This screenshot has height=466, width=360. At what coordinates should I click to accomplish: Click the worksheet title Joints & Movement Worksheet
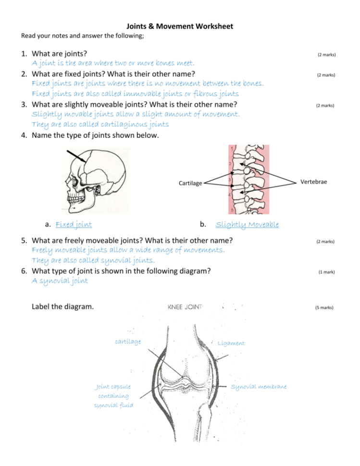tap(180, 26)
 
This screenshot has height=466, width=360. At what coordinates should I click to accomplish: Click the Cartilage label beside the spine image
tap(190, 183)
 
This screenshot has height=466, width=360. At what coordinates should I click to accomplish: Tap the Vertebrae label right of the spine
tap(313, 181)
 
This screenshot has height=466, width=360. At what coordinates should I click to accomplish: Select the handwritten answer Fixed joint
tap(74, 224)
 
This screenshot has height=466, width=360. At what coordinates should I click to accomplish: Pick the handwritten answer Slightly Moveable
tap(247, 224)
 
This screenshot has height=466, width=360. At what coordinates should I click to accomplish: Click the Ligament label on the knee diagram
tap(231, 343)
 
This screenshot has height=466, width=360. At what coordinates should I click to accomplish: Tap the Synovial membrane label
tap(259, 387)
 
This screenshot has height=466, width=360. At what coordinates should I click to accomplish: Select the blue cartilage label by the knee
tap(128, 342)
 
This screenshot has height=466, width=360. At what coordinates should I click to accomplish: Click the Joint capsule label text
tap(113, 386)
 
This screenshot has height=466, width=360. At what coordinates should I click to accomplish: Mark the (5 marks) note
tap(324, 307)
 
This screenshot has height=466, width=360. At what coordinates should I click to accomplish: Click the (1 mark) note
tap(326, 272)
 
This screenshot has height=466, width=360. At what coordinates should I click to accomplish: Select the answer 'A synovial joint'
tap(60, 281)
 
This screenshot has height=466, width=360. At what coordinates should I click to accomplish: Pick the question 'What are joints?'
tap(59, 54)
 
